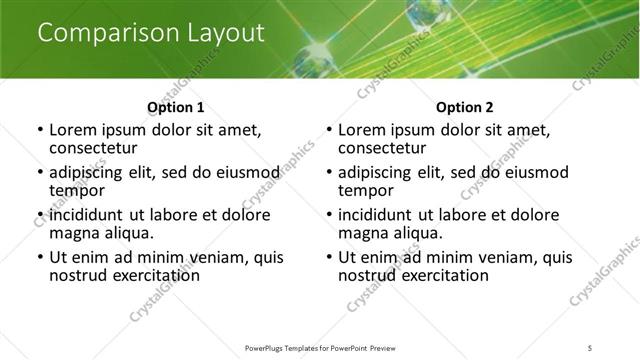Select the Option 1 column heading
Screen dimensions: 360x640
pos(175,107)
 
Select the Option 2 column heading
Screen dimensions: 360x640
pos(464,107)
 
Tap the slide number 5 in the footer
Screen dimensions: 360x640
pos(590,347)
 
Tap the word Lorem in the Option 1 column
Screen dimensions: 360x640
pos(73,130)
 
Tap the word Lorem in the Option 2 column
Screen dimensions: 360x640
pos(362,130)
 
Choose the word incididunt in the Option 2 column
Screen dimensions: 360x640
pos(382,215)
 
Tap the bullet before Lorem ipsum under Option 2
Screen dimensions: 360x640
pos(328,131)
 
